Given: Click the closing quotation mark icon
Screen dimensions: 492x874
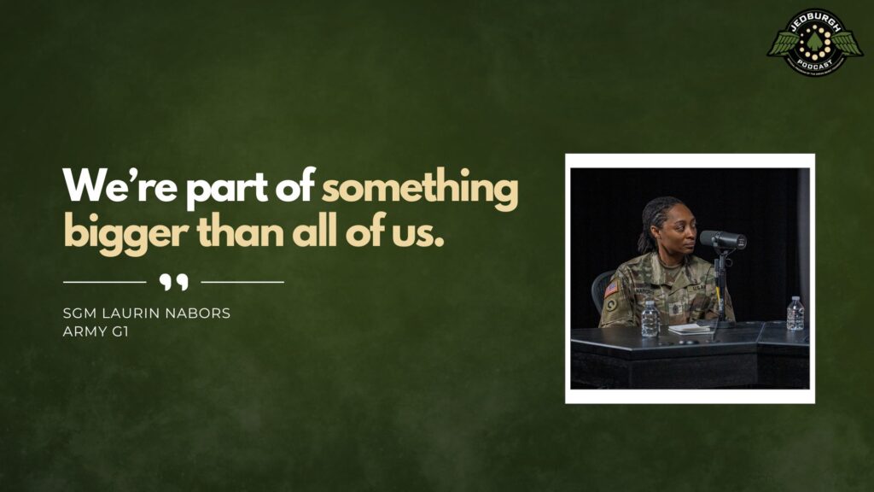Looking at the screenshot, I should coord(173,282).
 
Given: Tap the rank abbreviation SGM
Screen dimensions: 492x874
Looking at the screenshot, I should coord(79,313).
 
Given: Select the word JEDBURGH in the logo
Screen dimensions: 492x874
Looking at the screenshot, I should coord(815,19).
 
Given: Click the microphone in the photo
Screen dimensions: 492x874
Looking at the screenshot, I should coord(723,241).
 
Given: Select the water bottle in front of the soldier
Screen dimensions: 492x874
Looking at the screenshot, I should coord(650,319).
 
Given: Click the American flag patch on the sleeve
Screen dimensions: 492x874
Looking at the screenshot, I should coord(611,290).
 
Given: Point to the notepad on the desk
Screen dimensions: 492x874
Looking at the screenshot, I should coord(690,329).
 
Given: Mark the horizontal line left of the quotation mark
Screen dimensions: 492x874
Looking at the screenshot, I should coord(104,281).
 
